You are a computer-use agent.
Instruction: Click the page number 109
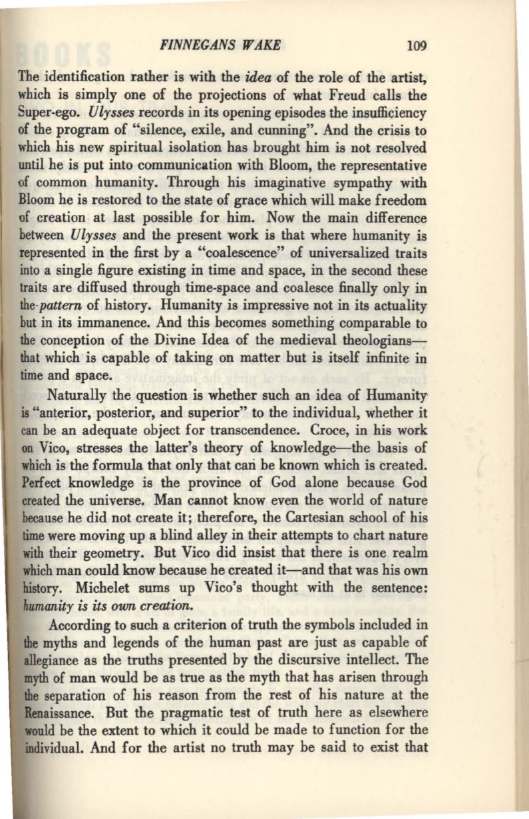(417, 46)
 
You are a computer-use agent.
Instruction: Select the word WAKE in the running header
(262, 46)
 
